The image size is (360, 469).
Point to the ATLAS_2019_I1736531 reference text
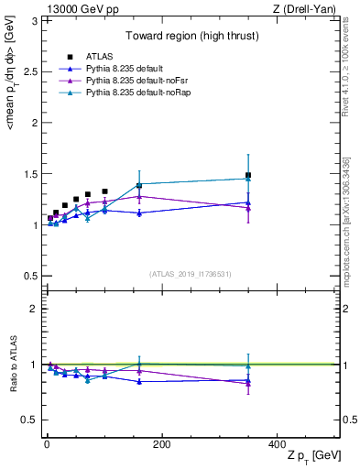coord(190,274)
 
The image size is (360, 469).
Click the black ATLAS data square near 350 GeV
coord(248,175)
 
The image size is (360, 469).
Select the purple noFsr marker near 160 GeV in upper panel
coord(139,196)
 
